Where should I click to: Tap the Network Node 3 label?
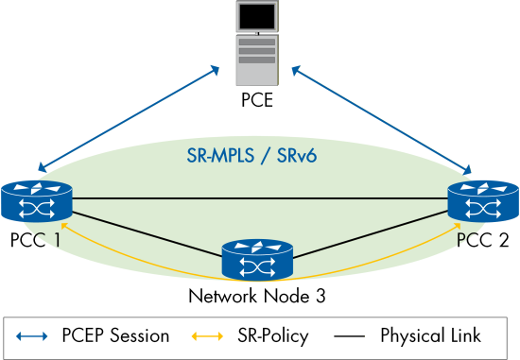coord(258,297)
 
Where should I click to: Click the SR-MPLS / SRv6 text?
coord(257,154)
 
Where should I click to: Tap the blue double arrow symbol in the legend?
coord(33,335)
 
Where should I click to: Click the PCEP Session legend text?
coord(115,335)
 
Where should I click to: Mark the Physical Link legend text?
coord(430,335)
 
